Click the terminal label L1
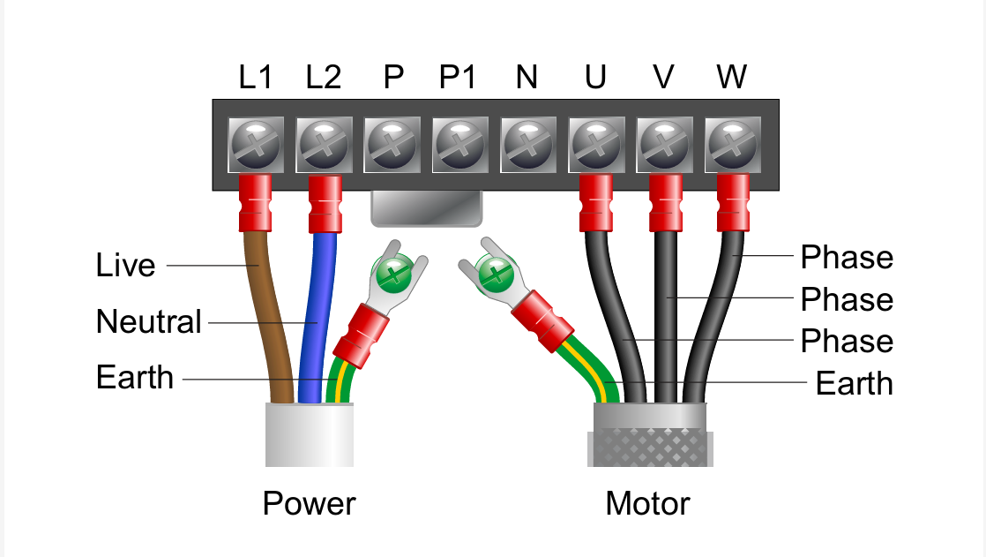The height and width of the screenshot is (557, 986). (255, 78)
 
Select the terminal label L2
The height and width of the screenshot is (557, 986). (324, 78)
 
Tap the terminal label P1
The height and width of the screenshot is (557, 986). (458, 78)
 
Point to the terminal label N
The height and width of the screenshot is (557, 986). (527, 78)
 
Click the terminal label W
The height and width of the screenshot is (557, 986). (731, 78)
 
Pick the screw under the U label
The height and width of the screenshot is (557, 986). (595, 144)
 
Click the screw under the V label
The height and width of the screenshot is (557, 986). (663, 144)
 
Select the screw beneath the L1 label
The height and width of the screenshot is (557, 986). (256, 144)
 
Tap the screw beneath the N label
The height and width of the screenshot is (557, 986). (527, 144)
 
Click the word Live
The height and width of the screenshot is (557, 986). (125, 266)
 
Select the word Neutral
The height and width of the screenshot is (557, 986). (148, 321)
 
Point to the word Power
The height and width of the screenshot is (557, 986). (309, 504)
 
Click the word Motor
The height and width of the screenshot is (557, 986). (647, 504)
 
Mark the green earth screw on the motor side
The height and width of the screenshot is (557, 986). (495, 274)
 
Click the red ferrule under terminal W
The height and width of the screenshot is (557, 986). (732, 201)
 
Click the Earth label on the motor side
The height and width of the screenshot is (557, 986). (854, 384)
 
